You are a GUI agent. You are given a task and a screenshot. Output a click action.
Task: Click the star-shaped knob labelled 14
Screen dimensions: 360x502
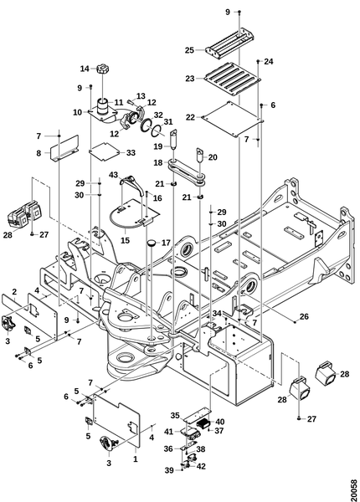point(102,69)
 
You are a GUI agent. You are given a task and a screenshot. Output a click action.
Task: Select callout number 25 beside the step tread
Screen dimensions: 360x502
point(189,50)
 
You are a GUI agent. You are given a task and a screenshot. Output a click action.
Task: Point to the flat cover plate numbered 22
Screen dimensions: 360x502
point(233,119)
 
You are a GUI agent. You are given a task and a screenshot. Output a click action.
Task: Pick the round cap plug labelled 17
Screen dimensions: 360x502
point(152,243)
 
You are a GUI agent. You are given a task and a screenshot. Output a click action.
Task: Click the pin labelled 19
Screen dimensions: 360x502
point(173,139)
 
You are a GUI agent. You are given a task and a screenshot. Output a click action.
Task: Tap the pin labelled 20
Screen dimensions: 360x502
point(200,155)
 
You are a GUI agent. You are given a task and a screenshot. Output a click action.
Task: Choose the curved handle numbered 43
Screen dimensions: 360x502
point(130,184)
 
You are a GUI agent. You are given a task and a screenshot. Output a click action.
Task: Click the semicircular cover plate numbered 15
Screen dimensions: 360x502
point(134,214)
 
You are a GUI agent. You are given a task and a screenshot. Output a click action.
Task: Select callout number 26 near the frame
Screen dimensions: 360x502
point(304,317)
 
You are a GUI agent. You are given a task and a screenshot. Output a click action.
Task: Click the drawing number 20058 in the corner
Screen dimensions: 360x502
point(353,488)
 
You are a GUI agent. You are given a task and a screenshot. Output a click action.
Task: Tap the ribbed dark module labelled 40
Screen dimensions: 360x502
point(203,423)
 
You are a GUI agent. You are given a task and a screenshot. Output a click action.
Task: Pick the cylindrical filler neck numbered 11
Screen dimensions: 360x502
point(103,106)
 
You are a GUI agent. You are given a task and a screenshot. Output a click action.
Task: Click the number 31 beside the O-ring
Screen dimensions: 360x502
point(168,121)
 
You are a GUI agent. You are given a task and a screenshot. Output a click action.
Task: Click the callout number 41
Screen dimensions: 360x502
point(168,432)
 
